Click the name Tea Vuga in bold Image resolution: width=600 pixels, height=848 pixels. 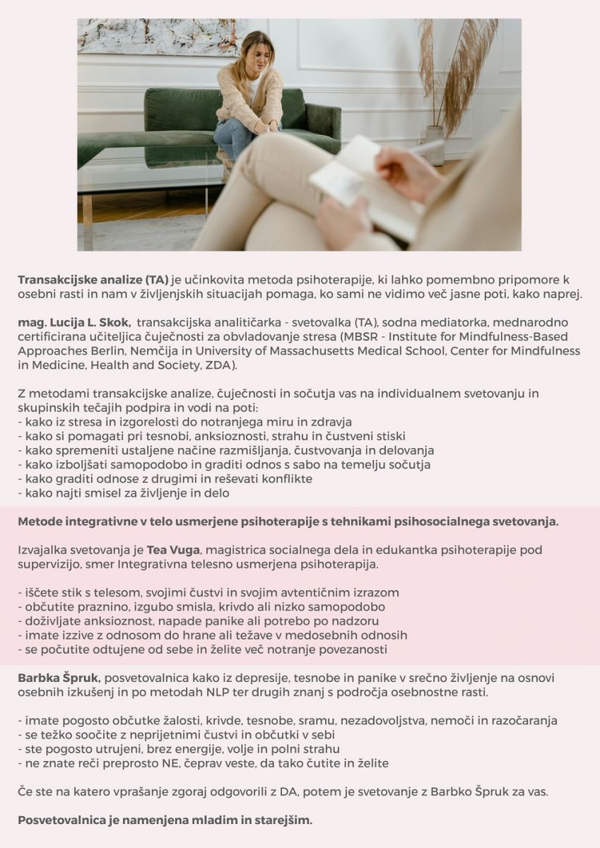[x=173, y=549]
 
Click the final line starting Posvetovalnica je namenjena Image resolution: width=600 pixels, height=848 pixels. [x=165, y=820]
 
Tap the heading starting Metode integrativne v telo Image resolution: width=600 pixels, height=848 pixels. [x=288, y=522]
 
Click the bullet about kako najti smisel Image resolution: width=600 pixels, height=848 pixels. [x=124, y=493]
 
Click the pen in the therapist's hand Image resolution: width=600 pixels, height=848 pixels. [x=428, y=148]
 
